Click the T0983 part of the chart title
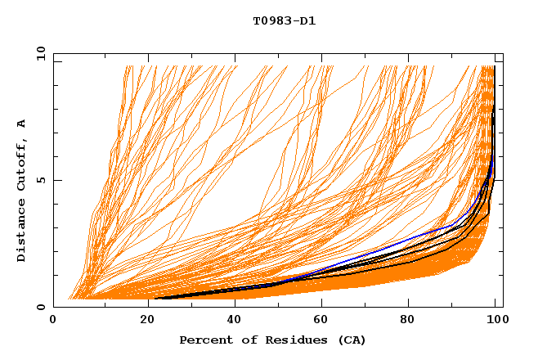271,21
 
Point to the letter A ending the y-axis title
21,124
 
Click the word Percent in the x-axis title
204,340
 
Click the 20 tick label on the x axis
142,321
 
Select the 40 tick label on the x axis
231,321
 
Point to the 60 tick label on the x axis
320,321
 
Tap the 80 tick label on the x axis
408,321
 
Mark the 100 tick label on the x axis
496,321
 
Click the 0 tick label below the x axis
54,321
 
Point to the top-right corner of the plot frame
503,54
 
